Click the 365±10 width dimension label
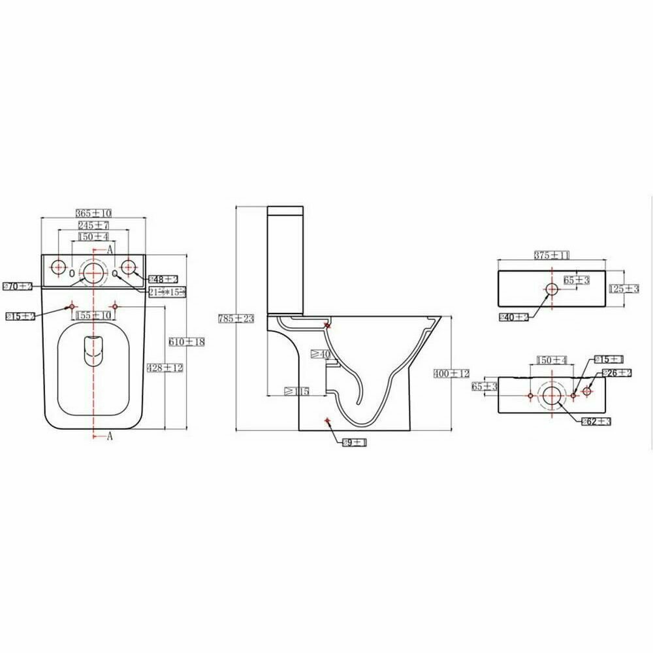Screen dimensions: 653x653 (94, 213)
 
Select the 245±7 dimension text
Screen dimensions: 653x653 (94, 225)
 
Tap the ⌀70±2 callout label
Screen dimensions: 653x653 (18, 286)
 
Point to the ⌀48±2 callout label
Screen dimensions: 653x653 (159, 279)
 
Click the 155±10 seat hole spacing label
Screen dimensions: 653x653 (94, 315)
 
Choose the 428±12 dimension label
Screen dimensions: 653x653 (165, 368)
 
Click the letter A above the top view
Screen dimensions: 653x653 (110, 249)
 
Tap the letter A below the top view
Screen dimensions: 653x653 (110, 436)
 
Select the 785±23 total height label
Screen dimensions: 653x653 (235, 318)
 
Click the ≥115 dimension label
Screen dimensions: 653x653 (296, 391)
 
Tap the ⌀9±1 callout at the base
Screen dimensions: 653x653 (355, 443)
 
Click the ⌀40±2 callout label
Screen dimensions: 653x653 (513, 317)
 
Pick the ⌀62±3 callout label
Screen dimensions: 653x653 (596, 421)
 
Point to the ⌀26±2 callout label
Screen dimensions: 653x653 (617, 372)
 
